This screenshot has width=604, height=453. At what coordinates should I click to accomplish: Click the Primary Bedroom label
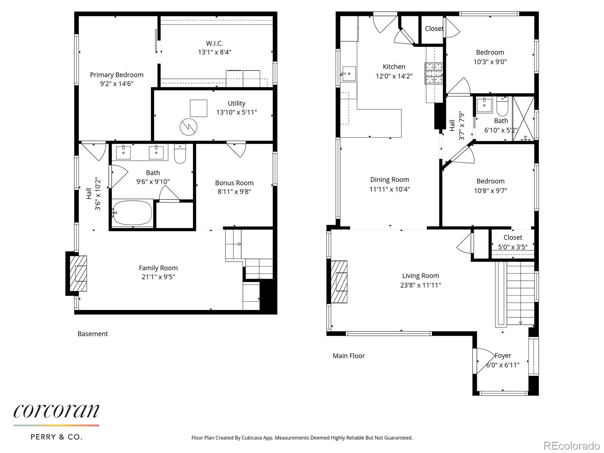point(116,75)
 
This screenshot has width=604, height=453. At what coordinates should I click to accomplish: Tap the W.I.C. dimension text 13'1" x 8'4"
point(214,52)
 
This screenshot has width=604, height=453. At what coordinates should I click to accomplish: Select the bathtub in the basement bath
point(132,213)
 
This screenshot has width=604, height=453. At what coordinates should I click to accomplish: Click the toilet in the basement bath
point(180,154)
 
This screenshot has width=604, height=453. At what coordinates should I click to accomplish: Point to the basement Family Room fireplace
point(79,273)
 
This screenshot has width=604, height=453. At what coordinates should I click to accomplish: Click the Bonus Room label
point(234,183)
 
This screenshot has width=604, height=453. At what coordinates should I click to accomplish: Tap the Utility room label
point(236,103)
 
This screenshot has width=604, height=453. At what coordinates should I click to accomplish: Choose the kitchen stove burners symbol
point(434,73)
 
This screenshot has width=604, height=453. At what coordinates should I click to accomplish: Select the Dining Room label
point(389,180)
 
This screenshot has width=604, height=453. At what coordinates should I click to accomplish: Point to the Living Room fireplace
point(339,282)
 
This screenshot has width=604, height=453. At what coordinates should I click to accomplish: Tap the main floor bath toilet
point(502,107)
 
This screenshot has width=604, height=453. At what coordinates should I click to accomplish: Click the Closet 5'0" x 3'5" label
point(513,237)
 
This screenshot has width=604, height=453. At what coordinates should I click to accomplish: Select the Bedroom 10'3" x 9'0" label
point(490,52)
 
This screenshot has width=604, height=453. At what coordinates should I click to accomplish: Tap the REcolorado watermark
point(572,445)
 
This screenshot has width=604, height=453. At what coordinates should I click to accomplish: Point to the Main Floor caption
point(349,356)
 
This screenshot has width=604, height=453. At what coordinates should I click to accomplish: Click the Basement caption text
point(92,334)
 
